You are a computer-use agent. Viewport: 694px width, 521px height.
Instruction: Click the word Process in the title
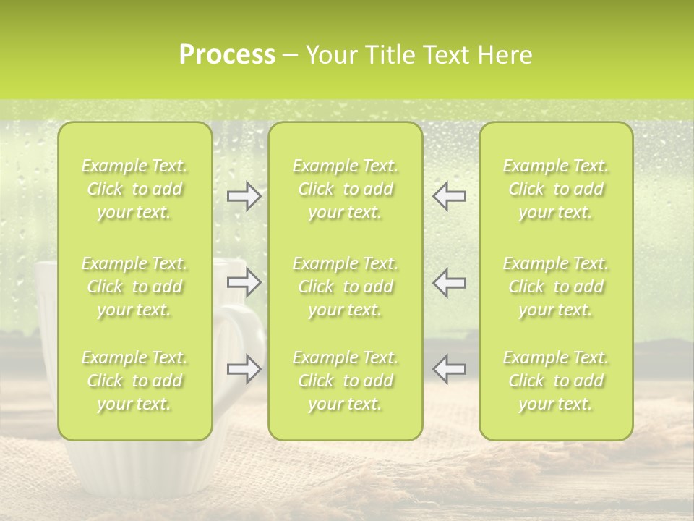pyautogui.click(x=227, y=55)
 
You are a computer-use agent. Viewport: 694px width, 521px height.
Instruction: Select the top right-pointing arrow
pyautogui.click(x=244, y=196)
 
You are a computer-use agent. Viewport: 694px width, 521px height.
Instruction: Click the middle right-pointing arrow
pyautogui.click(x=244, y=282)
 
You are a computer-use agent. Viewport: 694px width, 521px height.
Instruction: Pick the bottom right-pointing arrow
pyautogui.click(x=244, y=368)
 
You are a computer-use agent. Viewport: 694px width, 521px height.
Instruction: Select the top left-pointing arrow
pyautogui.click(x=450, y=196)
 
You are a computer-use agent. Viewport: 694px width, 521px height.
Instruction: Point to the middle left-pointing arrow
pyautogui.click(x=450, y=282)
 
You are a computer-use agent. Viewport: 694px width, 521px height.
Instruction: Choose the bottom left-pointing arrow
pyautogui.click(x=450, y=368)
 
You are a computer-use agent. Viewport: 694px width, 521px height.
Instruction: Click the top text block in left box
pyautogui.click(x=134, y=190)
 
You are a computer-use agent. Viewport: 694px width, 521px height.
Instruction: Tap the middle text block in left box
pyautogui.click(x=134, y=287)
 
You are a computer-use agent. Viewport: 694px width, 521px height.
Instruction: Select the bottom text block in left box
pyautogui.click(x=134, y=381)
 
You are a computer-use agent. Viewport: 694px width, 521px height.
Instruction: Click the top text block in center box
pyautogui.click(x=345, y=190)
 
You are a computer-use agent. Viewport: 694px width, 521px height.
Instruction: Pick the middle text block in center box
pyautogui.click(x=345, y=287)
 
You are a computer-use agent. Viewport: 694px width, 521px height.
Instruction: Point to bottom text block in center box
pyautogui.click(x=345, y=381)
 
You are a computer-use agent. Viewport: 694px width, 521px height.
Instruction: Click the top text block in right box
pyautogui.click(x=555, y=190)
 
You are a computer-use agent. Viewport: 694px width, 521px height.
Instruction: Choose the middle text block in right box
pyautogui.click(x=555, y=287)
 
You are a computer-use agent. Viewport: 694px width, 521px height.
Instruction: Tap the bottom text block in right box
pyautogui.click(x=555, y=381)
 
